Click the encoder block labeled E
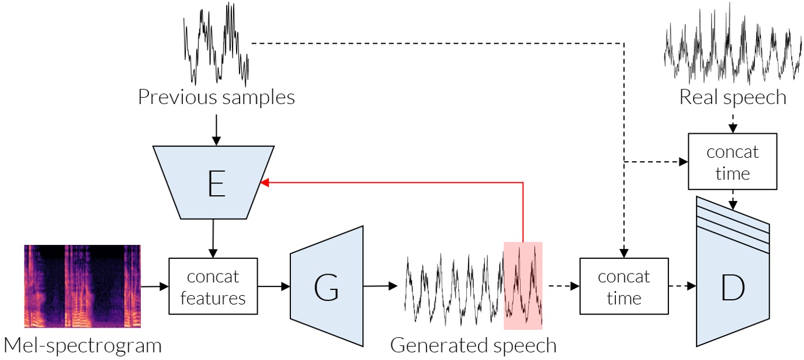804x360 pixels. coord(216,182)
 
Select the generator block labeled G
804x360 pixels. coord(327,286)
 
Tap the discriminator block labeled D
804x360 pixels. coord(733,286)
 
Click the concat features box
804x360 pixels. coord(213,286)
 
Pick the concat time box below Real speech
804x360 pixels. coord(732,161)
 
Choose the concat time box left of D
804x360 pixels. coord(623,286)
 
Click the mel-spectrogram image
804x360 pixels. coord(82,286)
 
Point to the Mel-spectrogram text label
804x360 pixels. coord(82,345)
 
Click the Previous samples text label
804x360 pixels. coord(216,97)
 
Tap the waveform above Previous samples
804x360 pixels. coord(216,44)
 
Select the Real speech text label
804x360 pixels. coord(732,97)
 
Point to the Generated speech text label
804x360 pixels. coord(473,345)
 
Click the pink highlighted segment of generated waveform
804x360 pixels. coord(523,286)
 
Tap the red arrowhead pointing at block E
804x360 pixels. coord(264,183)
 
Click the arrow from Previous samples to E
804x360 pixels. coord(216,130)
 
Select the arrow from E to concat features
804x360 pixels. coord(213,238)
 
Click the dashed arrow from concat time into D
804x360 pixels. coord(682,286)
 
